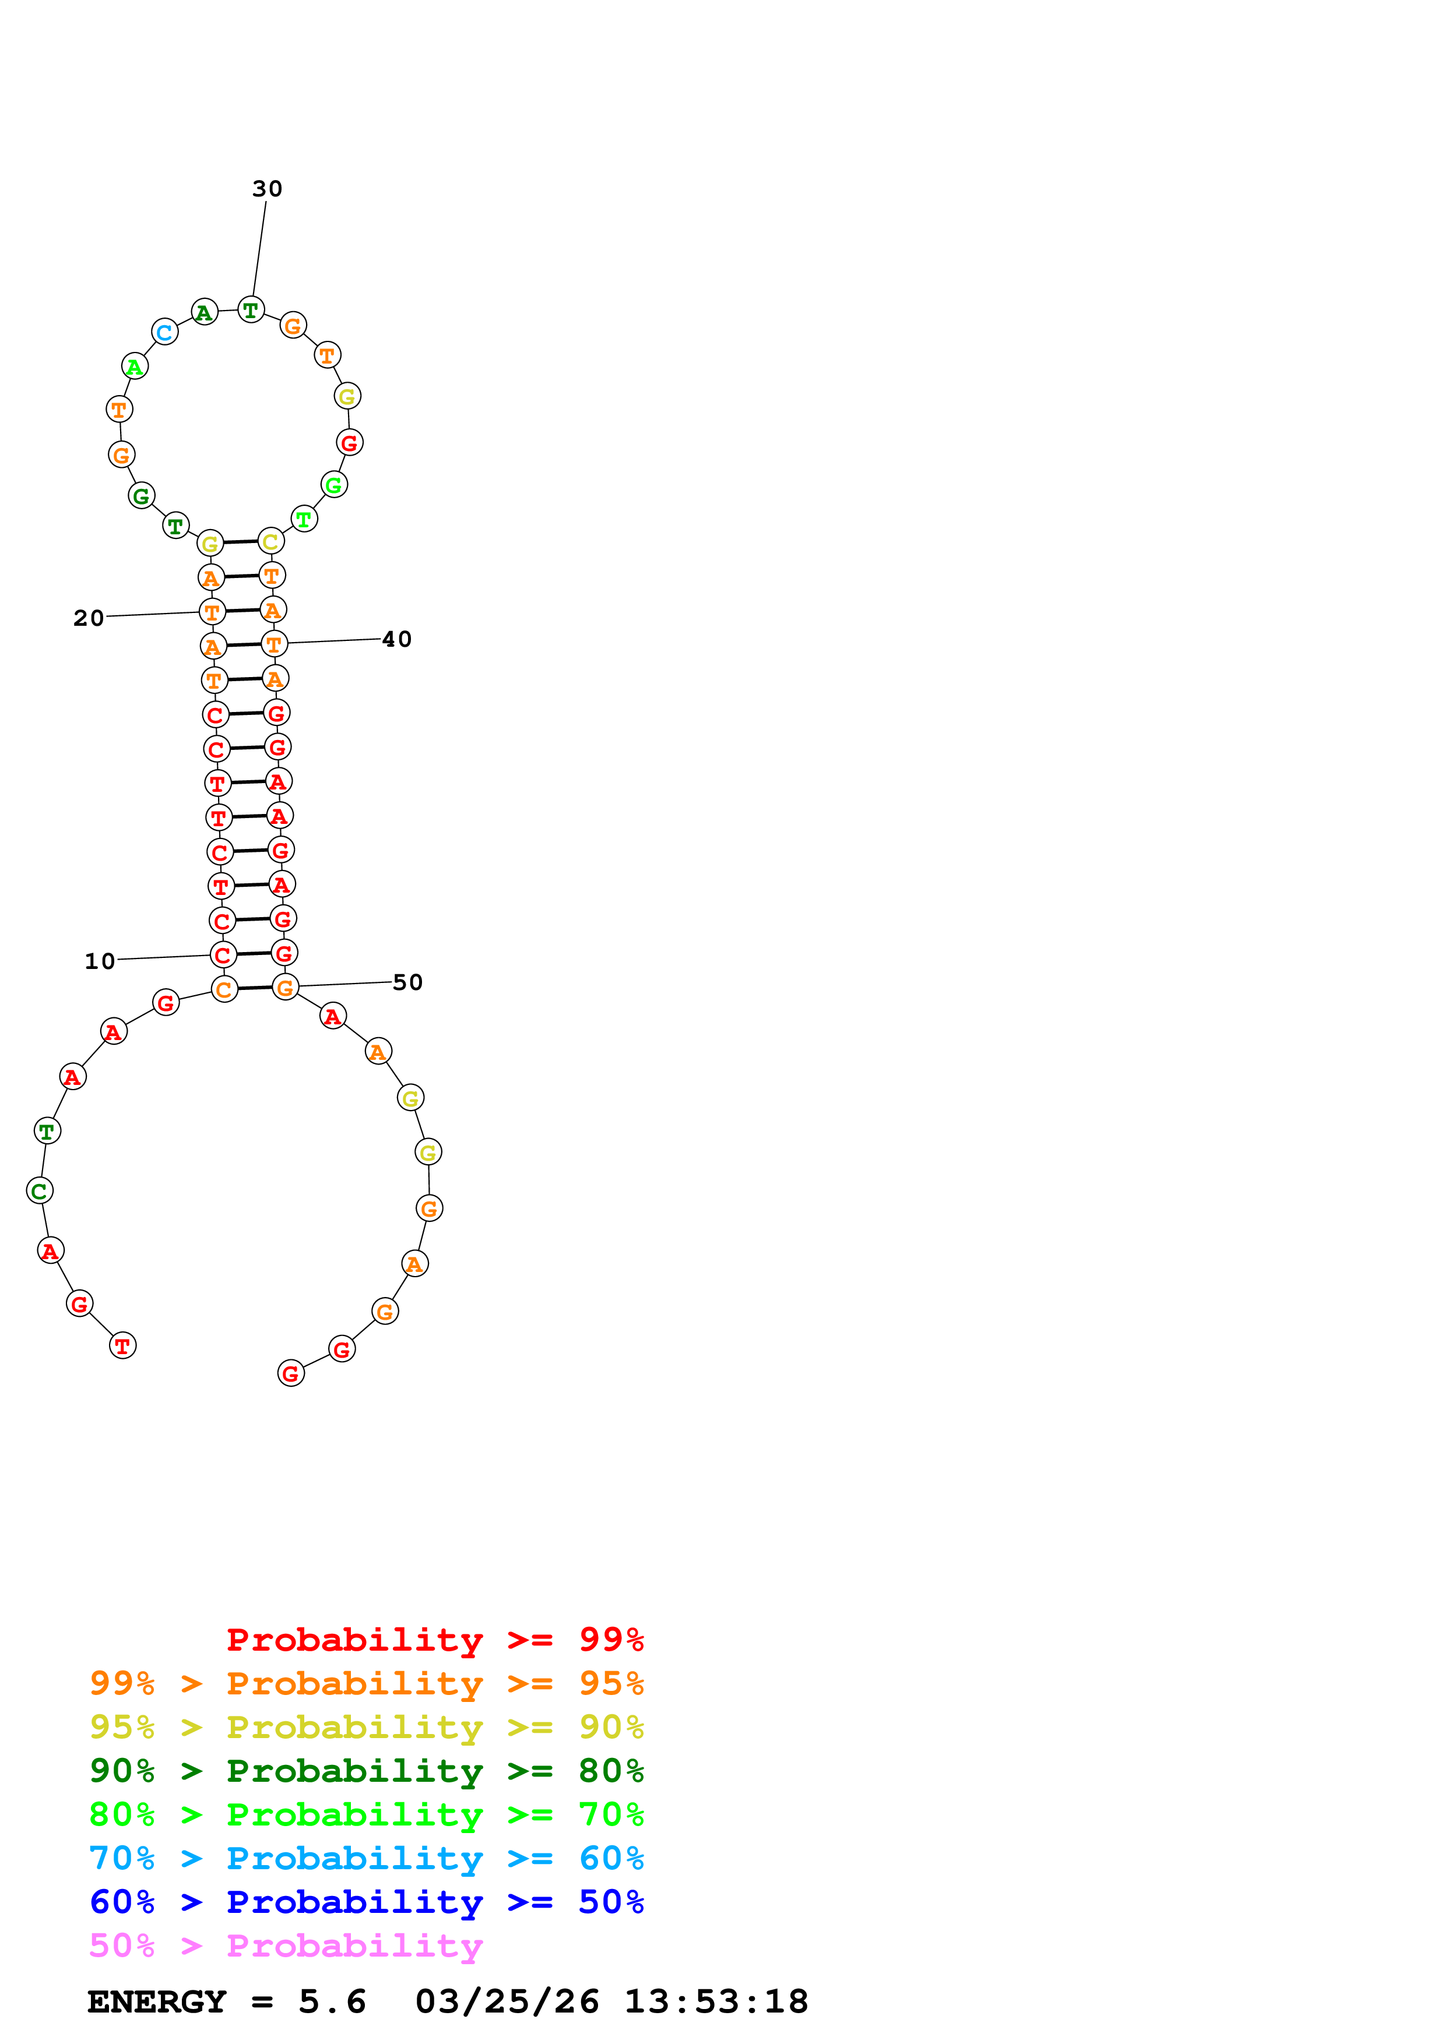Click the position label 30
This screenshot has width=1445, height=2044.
point(267,189)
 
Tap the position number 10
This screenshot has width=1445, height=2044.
point(100,961)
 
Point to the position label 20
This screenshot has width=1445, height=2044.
point(88,618)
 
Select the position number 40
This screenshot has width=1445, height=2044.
point(397,639)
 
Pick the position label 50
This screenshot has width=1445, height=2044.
point(408,982)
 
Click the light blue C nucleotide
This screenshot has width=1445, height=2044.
point(165,333)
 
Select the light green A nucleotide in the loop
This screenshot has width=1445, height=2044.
point(135,366)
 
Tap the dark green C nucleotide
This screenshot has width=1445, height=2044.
point(39,1191)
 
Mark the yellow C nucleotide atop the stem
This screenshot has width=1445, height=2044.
point(270,541)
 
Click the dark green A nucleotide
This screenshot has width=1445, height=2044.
point(205,312)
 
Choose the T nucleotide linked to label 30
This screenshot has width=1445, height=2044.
point(251,310)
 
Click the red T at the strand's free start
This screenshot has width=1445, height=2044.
point(123,1346)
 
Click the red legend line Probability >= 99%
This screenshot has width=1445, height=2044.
point(434,1639)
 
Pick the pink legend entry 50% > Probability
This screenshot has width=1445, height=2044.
point(286,1945)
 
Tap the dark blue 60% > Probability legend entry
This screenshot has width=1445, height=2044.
point(366,1902)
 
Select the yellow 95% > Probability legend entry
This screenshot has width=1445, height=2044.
point(366,1727)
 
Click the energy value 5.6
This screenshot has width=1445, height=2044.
point(332,2001)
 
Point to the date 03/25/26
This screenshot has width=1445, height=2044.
point(507,2001)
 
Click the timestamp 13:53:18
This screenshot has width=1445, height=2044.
point(716,2001)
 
